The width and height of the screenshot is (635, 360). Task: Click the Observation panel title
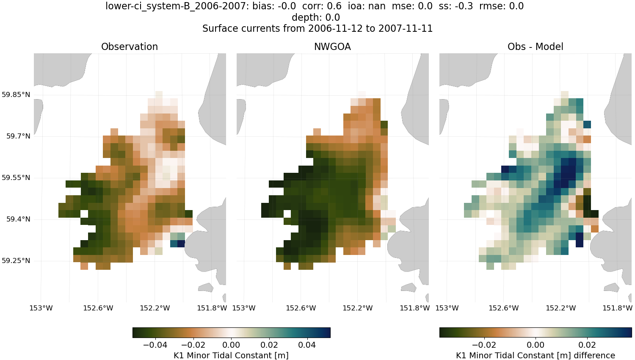(x=130, y=47)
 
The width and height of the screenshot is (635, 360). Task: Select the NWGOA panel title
(x=332, y=47)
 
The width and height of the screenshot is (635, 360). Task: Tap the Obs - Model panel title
(x=535, y=47)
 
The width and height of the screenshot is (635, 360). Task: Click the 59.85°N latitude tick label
(x=16, y=94)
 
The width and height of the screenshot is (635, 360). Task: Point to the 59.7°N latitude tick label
(x=18, y=136)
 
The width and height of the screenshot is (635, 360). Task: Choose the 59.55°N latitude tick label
(x=16, y=177)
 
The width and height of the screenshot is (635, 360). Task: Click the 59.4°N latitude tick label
(x=18, y=219)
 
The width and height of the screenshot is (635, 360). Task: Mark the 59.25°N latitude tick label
(x=16, y=260)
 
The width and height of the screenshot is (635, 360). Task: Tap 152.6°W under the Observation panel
(x=98, y=308)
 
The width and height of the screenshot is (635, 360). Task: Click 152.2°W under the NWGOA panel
(x=358, y=308)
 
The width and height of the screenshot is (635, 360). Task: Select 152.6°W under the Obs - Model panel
(x=504, y=308)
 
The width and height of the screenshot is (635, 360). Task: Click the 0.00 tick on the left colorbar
(x=231, y=345)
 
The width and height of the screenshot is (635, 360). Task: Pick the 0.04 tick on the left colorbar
(x=307, y=345)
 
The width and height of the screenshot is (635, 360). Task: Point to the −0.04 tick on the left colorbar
(x=155, y=345)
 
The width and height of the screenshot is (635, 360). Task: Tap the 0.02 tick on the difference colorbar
(x=587, y=345)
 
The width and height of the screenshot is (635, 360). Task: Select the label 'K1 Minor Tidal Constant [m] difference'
(x=535, y=355)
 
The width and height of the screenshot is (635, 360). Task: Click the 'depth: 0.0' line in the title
(x=316, y=17)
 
